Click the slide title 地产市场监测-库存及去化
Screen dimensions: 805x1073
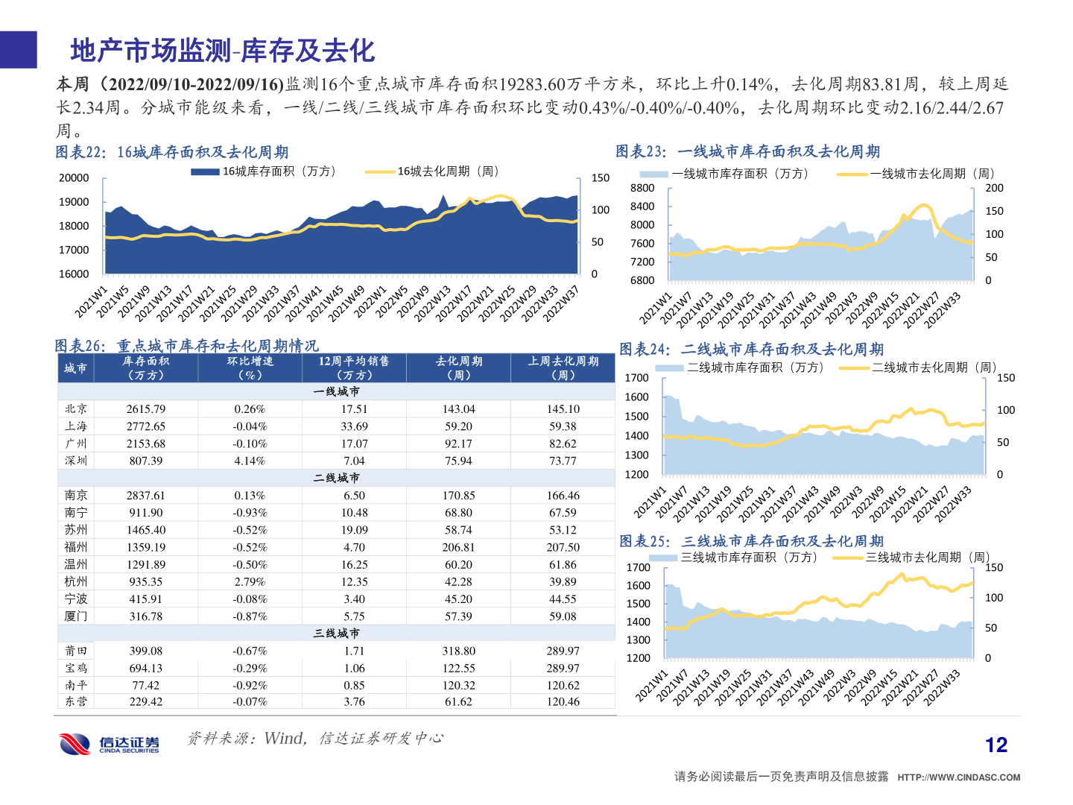click(x=222, y=51)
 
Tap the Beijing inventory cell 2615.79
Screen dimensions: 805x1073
click(x=146, y=409)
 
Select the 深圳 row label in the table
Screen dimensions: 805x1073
click(x=76, y=461)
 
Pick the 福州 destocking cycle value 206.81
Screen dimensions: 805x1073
click(x=458, y=547)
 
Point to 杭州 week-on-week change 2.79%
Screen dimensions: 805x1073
click(x=250, y=581)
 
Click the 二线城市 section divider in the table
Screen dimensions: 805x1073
click(x=337, y=478)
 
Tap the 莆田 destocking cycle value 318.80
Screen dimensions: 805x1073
click(x=458, y=651)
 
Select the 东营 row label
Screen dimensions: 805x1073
click(x=76, y=701)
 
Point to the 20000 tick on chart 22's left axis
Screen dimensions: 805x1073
click(x=74, y=178)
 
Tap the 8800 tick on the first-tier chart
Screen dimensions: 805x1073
click(x=642, y=189)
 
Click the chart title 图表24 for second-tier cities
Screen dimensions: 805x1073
click(x=751, y=349)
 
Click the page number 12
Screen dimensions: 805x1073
click(x=996, y=745)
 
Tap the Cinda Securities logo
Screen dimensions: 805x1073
click(x=110, y=743)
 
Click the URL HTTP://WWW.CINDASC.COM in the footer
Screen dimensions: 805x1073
click(x=958, y=777)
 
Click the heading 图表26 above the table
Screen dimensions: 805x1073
click(x=186, y=346)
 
